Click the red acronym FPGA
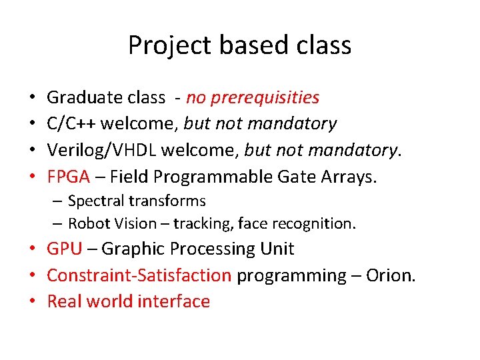pyautogui.click(x=68, y=177)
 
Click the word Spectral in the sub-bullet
pyautogui.click(x=94, y=201)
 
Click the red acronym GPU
pyautogui.click(x=65, y=249)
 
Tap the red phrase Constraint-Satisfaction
pyautogui.click(x=139, y=275)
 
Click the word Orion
pyautogui.click(x=391, y=275)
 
